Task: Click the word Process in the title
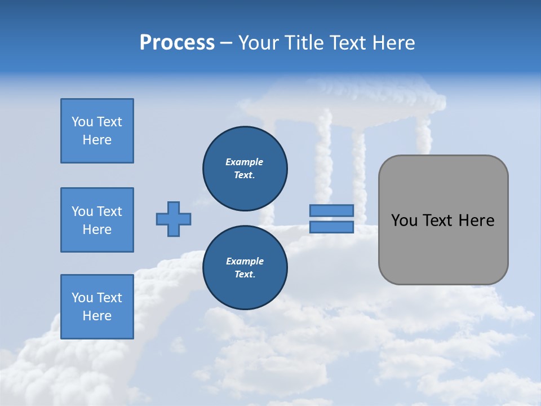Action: coord(177,43)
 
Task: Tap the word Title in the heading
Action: coord(303,43)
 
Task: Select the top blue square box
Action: coord(97,131)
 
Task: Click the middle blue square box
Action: coord(97,220)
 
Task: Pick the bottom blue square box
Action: coord(97,307)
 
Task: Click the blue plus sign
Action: coord(174,219)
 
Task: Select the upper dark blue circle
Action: coord(245,169)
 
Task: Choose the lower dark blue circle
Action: coord(245,268)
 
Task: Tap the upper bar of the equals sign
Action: coord(331,210)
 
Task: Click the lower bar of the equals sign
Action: coord(331,227)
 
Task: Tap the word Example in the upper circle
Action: coord(245,162)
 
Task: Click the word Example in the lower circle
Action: coord(245,262)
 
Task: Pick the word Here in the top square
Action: coord(97,140)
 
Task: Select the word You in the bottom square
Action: coord(82,298)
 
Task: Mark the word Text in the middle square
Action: coord(109,211)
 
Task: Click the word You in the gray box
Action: coord(404,220)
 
